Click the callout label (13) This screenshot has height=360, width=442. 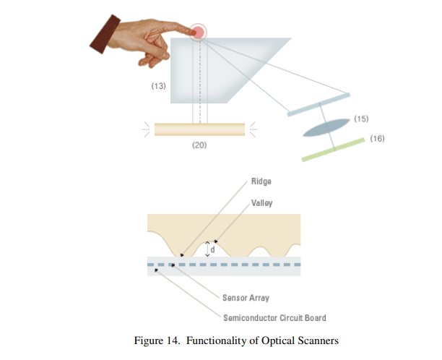[158, 86]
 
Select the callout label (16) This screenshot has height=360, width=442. [376, 137]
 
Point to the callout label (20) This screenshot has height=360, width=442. [199, 145]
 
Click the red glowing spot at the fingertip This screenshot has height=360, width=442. [196, 31]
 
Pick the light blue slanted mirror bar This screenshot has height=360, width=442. [318, 104]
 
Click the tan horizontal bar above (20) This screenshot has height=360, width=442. [199, 129]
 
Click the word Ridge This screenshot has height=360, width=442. [261, 181]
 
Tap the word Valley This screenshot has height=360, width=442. [262, 203]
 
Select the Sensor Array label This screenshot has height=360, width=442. [246, 297]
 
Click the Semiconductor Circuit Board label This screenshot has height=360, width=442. [274, 317]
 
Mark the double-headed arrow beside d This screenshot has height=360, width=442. [207, 249]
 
